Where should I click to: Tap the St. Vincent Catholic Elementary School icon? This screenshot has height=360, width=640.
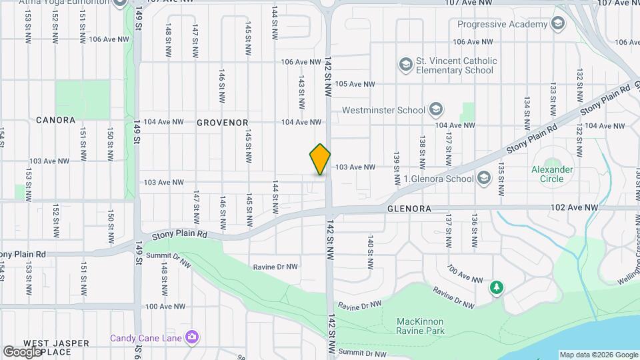405,65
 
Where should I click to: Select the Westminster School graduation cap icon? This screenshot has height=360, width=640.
435,109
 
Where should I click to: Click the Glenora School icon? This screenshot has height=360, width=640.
483,178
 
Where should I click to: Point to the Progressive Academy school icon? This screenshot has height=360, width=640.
558,25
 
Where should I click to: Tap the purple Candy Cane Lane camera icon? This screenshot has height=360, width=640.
192,338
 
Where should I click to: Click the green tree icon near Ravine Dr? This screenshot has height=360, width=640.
496,287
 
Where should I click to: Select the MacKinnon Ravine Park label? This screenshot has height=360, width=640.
420,326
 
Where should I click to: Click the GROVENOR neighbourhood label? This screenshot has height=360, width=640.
222,123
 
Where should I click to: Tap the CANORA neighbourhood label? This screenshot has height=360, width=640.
55,120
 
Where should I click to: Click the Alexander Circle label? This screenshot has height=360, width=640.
552,174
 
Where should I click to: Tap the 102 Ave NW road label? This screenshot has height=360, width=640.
574,208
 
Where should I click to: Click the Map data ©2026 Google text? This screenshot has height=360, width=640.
598,355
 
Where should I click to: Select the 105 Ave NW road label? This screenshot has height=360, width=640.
355,84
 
